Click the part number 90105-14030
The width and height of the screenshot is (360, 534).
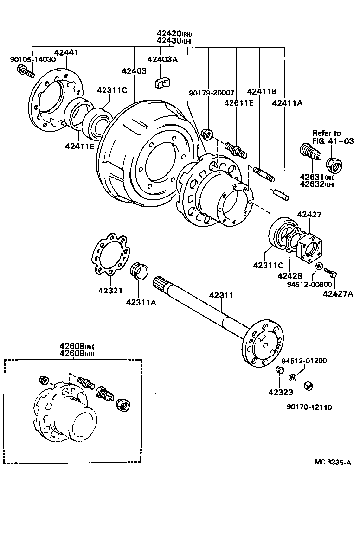point(32,59)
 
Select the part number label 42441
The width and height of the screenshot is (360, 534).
point(66,53)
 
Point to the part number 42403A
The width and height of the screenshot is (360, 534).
point(162,59)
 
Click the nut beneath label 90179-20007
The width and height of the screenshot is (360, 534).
point(208,135)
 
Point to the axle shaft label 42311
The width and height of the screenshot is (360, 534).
point(221,295)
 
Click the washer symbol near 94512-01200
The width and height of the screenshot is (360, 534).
point(293,376)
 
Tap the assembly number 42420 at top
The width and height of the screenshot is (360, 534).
point(169,33)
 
